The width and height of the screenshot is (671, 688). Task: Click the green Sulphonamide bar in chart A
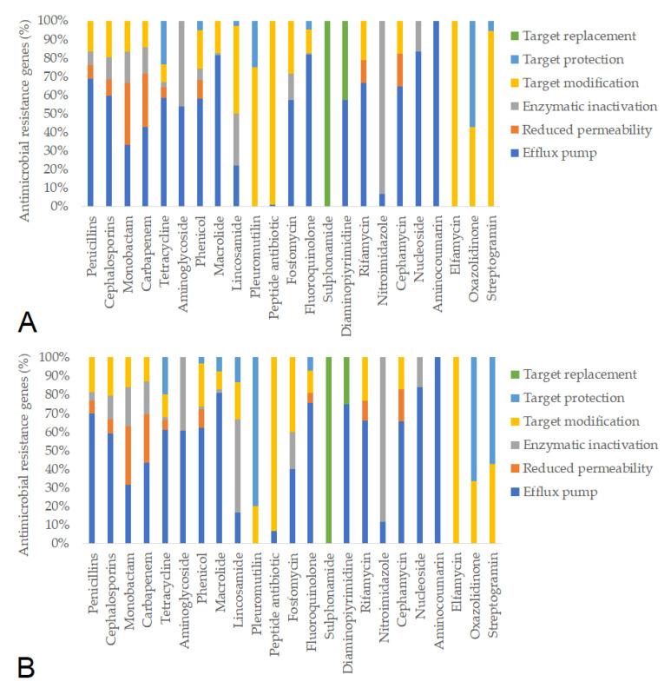326,113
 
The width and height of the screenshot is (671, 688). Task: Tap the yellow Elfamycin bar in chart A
454,113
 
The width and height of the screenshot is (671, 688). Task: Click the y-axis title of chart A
27,113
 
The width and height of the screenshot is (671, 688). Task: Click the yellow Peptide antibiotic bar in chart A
273,113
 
